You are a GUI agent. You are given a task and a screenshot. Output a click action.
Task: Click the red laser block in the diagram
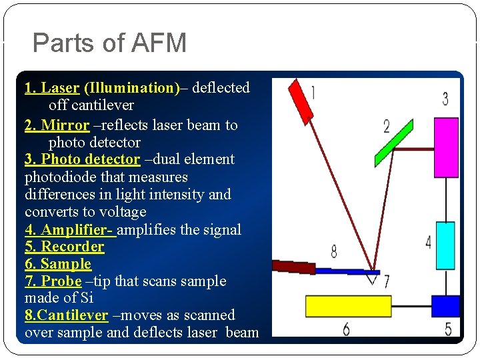(301, 98)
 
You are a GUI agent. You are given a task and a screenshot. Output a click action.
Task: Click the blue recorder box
(445, 305)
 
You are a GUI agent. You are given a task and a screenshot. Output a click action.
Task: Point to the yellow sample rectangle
(348, 306)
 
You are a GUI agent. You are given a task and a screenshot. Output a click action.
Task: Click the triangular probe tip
(373, 279)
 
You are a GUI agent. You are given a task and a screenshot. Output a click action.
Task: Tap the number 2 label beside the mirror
(387, 125)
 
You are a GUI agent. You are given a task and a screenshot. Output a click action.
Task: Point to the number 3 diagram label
(445, 99)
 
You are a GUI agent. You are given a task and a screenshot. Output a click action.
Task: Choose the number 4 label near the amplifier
(428, 241)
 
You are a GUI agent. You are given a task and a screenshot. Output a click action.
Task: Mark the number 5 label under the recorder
(448, 328)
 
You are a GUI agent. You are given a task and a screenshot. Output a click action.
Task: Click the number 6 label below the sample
(346, 329)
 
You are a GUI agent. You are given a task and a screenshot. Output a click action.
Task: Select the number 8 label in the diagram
(333, 251)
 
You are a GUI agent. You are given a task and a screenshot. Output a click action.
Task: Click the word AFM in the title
(159, 44)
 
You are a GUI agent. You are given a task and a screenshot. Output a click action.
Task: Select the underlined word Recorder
(73, 247)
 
